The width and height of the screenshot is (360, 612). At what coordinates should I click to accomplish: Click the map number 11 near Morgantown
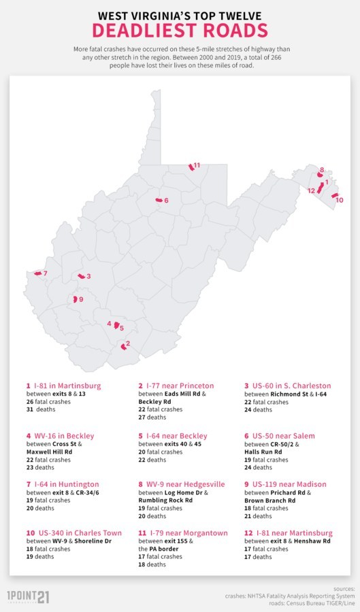click(197, 165)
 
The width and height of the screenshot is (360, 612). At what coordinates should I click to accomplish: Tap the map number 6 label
click(166, 200)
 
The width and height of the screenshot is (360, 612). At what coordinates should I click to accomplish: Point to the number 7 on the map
click(45, 273)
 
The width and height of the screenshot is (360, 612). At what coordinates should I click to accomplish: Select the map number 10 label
click(340, 200)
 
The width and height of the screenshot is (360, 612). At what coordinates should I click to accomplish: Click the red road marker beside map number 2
click(123, 346)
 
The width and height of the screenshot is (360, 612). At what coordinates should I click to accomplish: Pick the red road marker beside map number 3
click(81, 276)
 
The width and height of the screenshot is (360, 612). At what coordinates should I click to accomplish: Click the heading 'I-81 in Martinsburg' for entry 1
click(67, 386)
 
